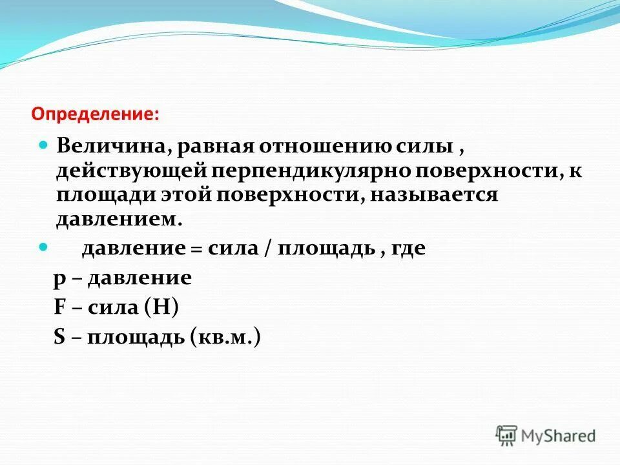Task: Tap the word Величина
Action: click(110, 145)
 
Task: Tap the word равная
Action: click(215, 145)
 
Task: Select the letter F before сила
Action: click(60, 306)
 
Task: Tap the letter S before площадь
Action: click(60, 336)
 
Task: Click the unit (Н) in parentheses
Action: click(161, 307)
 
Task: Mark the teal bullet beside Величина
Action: click(45, 145)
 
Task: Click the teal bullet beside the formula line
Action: click(45, 247)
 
